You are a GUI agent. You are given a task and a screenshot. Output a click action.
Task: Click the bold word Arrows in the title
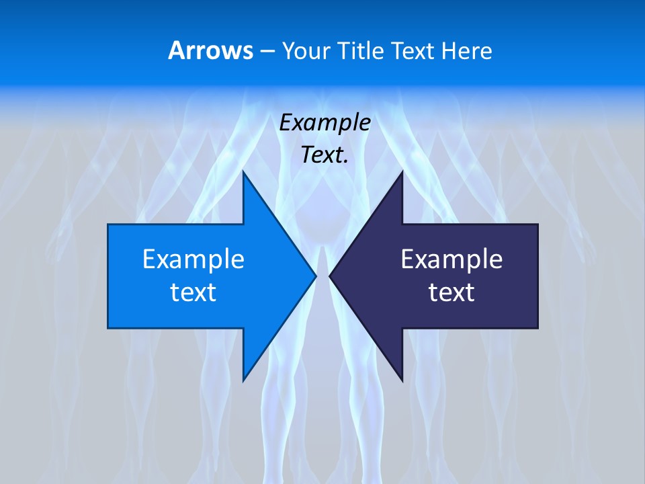click(210, 50)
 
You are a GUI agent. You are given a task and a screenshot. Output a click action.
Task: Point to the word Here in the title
click(467, 51)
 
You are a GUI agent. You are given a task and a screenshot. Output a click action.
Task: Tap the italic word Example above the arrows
click(325, 123)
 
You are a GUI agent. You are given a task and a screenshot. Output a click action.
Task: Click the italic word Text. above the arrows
click(325, 155)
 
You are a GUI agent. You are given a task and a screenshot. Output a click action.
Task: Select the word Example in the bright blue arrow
click(193, 259)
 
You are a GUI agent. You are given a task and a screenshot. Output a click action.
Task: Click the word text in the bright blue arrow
click(193, 292)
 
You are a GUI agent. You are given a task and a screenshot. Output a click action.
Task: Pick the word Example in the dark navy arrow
click(451, 259)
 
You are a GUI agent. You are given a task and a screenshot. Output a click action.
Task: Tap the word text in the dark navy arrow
click(451, 292)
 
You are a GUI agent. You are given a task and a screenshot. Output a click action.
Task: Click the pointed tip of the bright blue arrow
click(316, 276)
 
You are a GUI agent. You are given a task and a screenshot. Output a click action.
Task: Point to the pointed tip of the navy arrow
click(330, 276)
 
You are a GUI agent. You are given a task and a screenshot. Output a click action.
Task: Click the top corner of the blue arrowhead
click(243, 172)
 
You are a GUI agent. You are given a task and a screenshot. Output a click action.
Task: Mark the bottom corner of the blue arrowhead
click(243, 380)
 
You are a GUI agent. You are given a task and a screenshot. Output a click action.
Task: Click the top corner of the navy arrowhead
click(402, 172)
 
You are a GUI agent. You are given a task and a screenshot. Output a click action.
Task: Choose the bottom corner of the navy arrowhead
click(402, 380)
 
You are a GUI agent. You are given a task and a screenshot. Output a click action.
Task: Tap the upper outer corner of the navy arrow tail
click(537, 225)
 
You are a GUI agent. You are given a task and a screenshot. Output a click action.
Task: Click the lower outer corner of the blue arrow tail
click(108, 327)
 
